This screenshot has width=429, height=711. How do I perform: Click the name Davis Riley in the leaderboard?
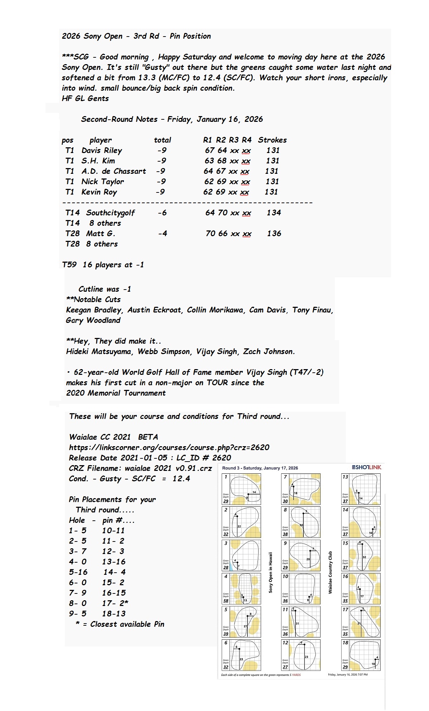pyautogui.click(x=102, y=151)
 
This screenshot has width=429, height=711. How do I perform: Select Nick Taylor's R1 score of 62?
pyautogui.click(x=209, y=182)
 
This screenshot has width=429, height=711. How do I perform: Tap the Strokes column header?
pyautogui.click(x=272, y=140)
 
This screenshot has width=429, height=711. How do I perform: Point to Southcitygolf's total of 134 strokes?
pyautogui.click(x=274, y=213)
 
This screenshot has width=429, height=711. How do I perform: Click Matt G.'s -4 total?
pyautogui.click(x=163, y=234)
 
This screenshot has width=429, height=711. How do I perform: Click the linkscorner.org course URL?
pyautogui.click(x=169, y=448)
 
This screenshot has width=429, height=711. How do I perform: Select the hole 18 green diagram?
pyautogui.click(x=361, y=655)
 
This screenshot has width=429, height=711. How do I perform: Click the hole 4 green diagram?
pyautogui.click(x=241, y=589)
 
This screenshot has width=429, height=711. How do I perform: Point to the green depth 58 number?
pyautogui.click(x=226, y=601)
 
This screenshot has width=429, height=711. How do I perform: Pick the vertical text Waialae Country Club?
pyautogui.click(x=330, y=572)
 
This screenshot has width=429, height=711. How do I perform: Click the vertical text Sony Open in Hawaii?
pyautogui.click(x=271, y=572)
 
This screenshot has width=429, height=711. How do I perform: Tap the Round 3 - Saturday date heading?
pyautogui.click(x=260, y=468)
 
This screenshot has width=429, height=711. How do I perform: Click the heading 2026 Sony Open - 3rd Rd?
pyautogui.click(x=136, y=36)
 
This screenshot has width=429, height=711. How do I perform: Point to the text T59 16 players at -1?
pyautogui.click(x=103, y=265)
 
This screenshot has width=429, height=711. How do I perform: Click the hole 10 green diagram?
pyautogui.click(x=301, y=589)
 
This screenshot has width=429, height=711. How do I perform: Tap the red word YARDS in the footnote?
pyautogui.click(x=296, y=675)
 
